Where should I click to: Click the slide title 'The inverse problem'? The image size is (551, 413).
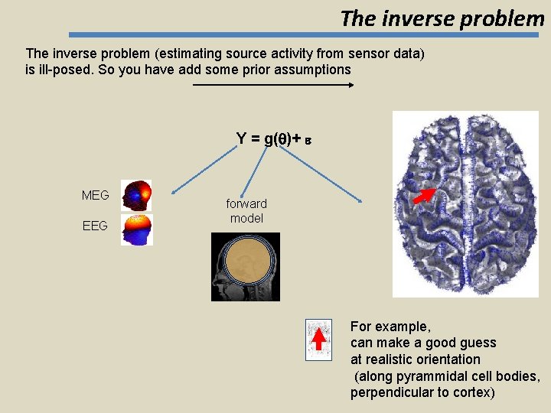[x=442, y=18]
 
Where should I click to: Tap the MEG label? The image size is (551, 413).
[x=95, y=196]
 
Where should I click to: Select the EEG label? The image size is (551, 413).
[x=95, y=226]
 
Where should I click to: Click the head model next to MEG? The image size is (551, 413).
[x=137, y=195]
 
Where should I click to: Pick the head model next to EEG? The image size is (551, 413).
[x=137, y=229]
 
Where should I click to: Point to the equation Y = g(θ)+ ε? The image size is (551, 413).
[x=274, y=138]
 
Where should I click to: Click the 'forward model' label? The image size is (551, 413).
[x=246, y=211]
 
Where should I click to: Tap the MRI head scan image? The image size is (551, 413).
[x=246, y=266]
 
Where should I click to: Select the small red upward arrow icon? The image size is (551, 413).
[x=318, y=338]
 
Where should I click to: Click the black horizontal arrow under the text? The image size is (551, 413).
[x=273, y=85]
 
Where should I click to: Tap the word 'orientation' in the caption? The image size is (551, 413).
[x=448, y=359]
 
